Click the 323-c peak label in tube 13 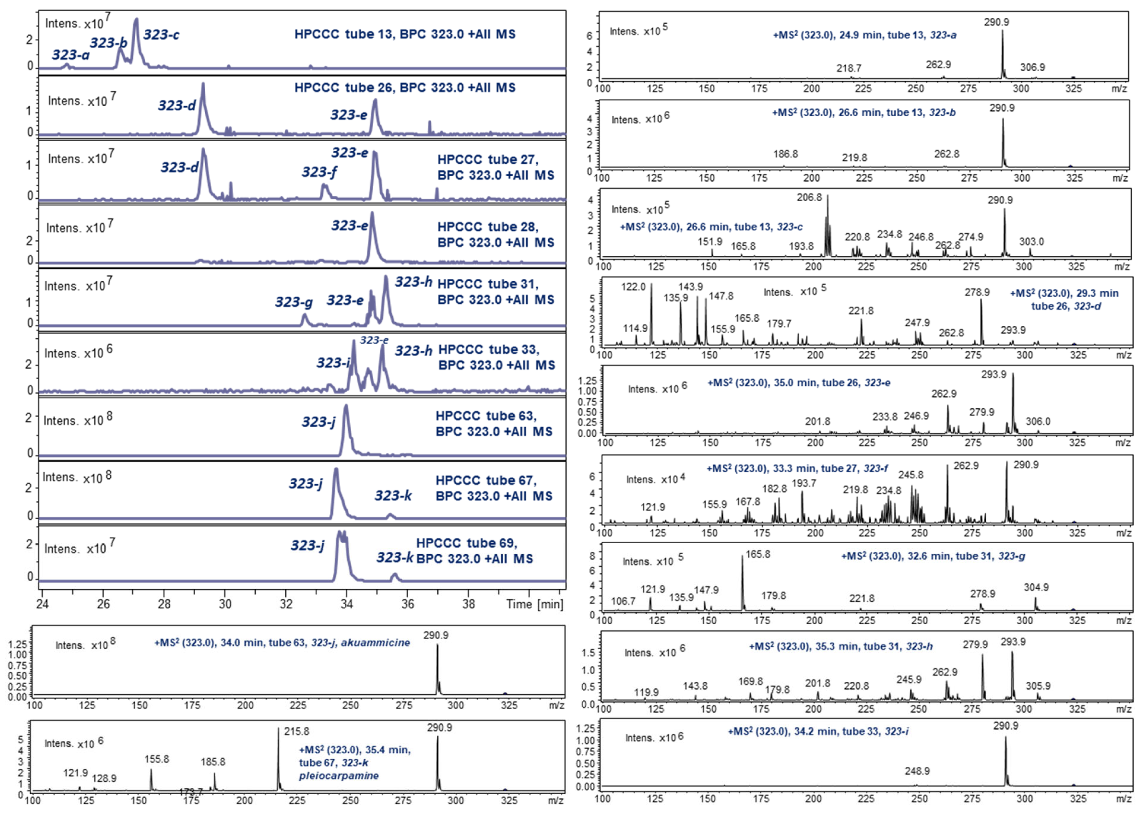point(161,35)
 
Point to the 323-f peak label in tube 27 point(319,172)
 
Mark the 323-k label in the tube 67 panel point(393,496)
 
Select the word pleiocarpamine point(339,775)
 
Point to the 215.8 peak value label point(296,731)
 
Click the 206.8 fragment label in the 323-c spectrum point(809,197)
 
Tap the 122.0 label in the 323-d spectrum point(633,287)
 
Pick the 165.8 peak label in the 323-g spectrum point(758,554)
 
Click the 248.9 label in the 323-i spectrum point(917,771)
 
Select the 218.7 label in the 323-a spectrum point(849,68)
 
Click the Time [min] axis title point(534,604)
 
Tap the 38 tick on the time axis point(468,604)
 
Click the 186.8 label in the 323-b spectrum point(785,154)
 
